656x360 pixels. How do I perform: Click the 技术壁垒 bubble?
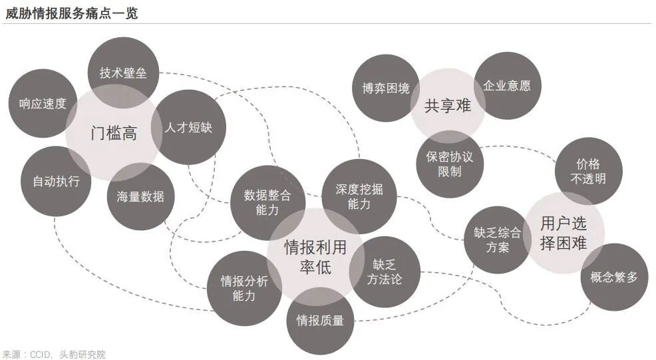(x=123, y=72)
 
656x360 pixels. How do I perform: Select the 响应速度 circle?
(x=43, y=104)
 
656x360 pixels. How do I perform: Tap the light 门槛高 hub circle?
(x=114, y=133)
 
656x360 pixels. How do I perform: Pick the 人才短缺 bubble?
(x=189, y=127)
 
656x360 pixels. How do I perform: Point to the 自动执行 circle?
(x=56, y=181)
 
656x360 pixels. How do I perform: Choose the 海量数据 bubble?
(x=140, y=196)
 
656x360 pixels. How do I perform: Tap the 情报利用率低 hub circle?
(x=315, y=257)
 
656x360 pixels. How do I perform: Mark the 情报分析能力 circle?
(x=244, y=288)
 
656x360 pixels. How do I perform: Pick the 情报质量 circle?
(x=320, y=320)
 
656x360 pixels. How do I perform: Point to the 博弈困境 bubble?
(x=386, y=88)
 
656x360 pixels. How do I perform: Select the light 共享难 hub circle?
(x=448, y=105)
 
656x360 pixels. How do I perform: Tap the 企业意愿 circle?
(x=507, y=86)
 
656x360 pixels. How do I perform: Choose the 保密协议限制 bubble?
(x=450, y=164)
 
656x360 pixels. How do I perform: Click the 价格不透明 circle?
(x=588, y=171)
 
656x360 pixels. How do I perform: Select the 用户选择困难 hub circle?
(x=564, y=232)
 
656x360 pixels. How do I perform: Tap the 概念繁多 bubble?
(x=613, y=277)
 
